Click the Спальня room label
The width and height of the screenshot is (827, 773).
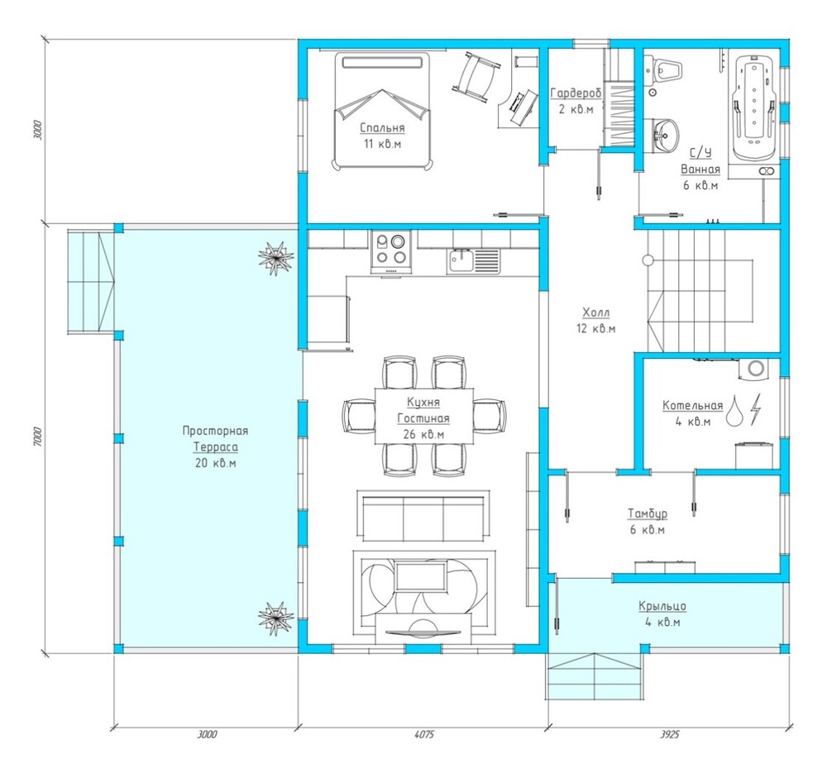382,127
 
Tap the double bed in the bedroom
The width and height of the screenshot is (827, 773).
382,111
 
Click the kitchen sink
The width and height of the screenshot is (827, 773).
474,261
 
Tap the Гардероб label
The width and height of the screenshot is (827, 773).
576,93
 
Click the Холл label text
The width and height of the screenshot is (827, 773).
596,313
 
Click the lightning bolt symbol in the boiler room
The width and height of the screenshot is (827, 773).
756,408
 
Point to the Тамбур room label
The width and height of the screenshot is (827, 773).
648,513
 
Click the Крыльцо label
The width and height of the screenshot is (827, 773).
662,606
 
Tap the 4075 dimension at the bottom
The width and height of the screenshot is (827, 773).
424,734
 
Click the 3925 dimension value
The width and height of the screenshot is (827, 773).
670,734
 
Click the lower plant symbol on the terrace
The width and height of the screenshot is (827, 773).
276,618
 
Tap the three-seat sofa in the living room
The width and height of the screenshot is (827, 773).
423,516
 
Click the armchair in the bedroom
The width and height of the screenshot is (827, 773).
476,75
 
